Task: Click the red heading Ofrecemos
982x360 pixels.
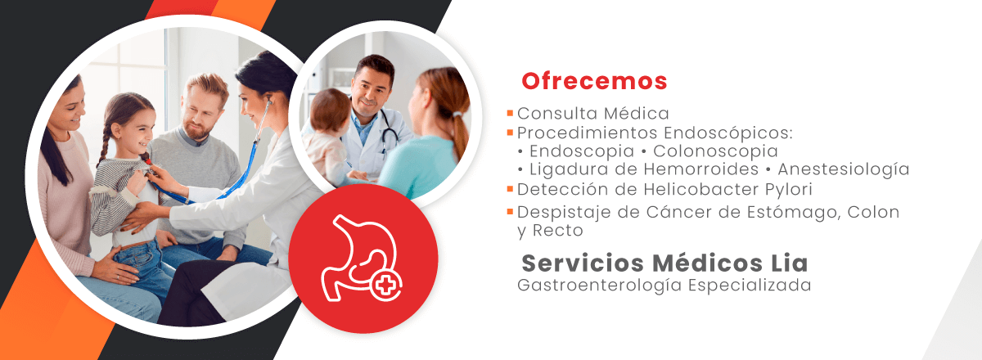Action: click(594, 81)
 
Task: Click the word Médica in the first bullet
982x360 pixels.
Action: click(637, 114)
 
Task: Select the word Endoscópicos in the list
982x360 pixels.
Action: click(728, 133)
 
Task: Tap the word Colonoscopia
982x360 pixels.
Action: click(715, 151)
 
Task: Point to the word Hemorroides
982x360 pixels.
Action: click(701, 169)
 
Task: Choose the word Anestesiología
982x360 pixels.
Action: click(844, 169)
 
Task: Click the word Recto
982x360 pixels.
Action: click(557, 231)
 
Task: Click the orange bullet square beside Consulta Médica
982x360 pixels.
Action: click(510, 114)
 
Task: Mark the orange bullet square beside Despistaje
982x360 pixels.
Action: click(510, 212)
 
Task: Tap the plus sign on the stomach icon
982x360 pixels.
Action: click(385, 286)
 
